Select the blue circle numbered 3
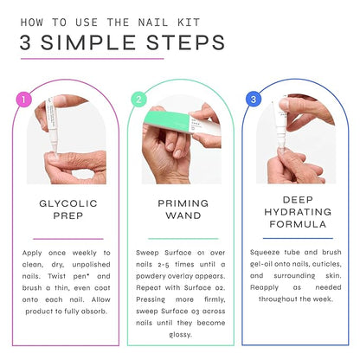click(x=254, y=99)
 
